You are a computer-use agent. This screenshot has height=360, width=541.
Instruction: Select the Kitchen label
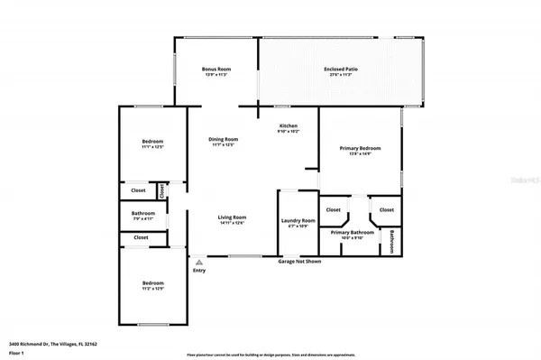pos(288,126)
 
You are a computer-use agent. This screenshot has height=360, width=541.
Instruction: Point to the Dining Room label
pos(223,139)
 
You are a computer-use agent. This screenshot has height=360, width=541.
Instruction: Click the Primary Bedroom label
pos(360,148)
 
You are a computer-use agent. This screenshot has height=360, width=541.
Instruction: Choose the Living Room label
pos(232,217)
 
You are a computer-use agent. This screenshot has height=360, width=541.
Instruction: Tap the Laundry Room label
pos(298,221)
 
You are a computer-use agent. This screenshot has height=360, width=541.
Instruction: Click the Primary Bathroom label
pos(352,233)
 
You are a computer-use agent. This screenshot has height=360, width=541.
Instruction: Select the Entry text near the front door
pos(198,269)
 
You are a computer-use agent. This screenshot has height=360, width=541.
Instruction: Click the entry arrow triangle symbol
pos(198,260)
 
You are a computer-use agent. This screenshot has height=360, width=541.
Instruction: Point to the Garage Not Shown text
pos(298,262)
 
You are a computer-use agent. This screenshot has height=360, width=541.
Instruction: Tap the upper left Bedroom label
pos(152,142)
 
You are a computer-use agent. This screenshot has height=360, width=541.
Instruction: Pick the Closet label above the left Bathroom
pos(139,190)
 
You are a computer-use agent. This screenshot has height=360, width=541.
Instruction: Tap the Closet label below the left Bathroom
pos(141,237)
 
